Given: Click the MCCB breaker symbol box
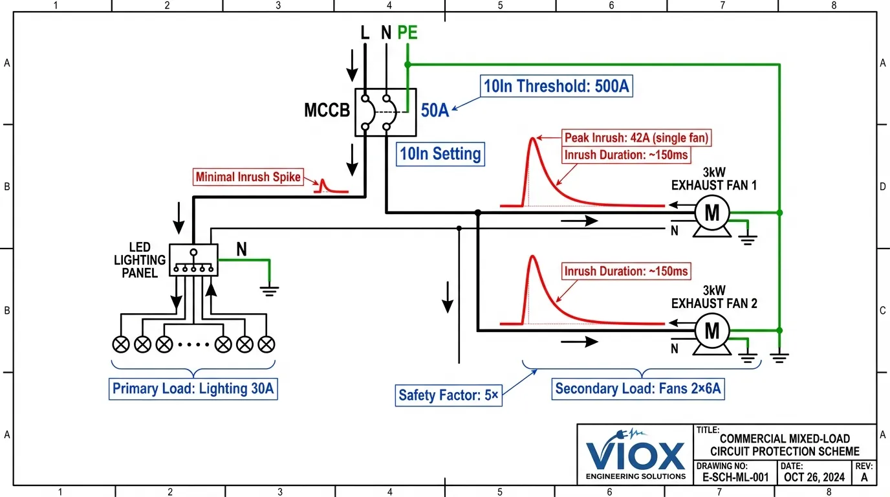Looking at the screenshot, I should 385,112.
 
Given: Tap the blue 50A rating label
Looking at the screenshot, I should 435,111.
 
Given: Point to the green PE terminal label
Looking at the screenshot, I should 407,32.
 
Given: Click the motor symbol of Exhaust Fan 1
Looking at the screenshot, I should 711,212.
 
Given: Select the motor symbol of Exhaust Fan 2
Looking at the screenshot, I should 711,331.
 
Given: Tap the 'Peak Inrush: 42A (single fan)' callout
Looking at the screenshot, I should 637,138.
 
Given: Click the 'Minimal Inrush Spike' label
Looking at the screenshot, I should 249,176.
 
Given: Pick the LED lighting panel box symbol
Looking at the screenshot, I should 193,260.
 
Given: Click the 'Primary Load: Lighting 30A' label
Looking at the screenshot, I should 193,389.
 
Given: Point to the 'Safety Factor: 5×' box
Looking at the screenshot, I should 448,395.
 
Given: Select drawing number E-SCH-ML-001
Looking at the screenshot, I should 735,478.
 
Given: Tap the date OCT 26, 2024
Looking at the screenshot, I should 814,478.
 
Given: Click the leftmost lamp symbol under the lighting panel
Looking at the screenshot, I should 122,344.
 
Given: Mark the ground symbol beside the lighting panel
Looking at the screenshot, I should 270,289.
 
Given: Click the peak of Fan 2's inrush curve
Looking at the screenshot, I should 533,257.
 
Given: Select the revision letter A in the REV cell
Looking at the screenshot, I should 864,478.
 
